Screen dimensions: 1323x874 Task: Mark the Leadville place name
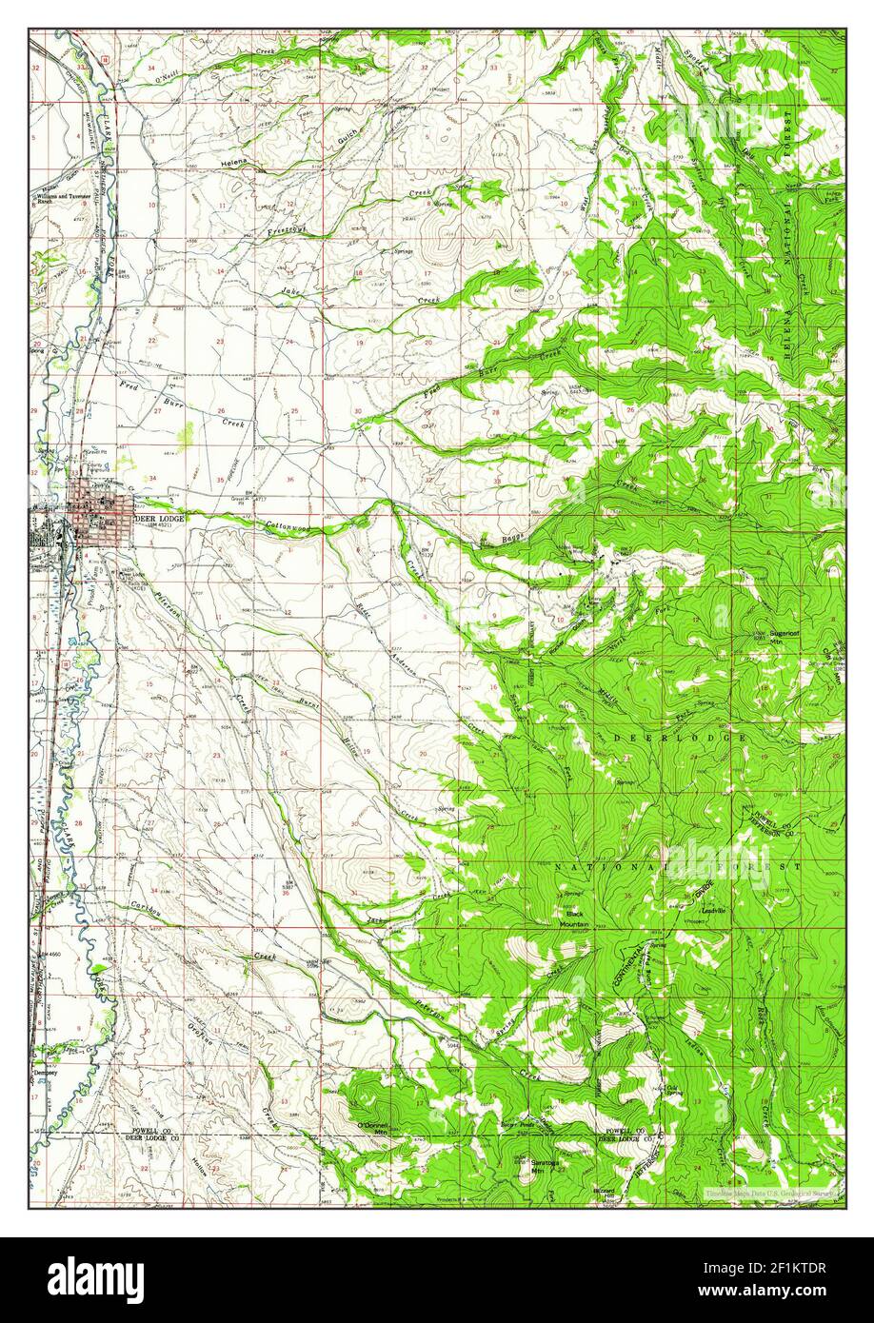[713, 911]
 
